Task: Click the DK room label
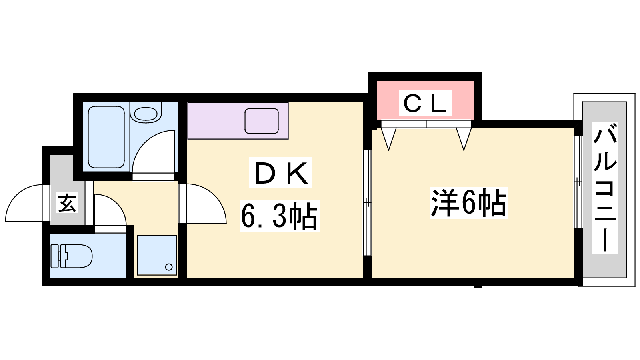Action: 280,173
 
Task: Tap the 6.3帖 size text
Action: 280,216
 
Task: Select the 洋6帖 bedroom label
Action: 468,203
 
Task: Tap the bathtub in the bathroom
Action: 106,137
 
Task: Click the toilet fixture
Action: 72,256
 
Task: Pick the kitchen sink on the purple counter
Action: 262,121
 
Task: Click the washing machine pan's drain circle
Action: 169,267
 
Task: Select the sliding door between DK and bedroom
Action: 367,202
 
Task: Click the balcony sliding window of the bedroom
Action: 578,182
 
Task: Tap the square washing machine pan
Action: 157,255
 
